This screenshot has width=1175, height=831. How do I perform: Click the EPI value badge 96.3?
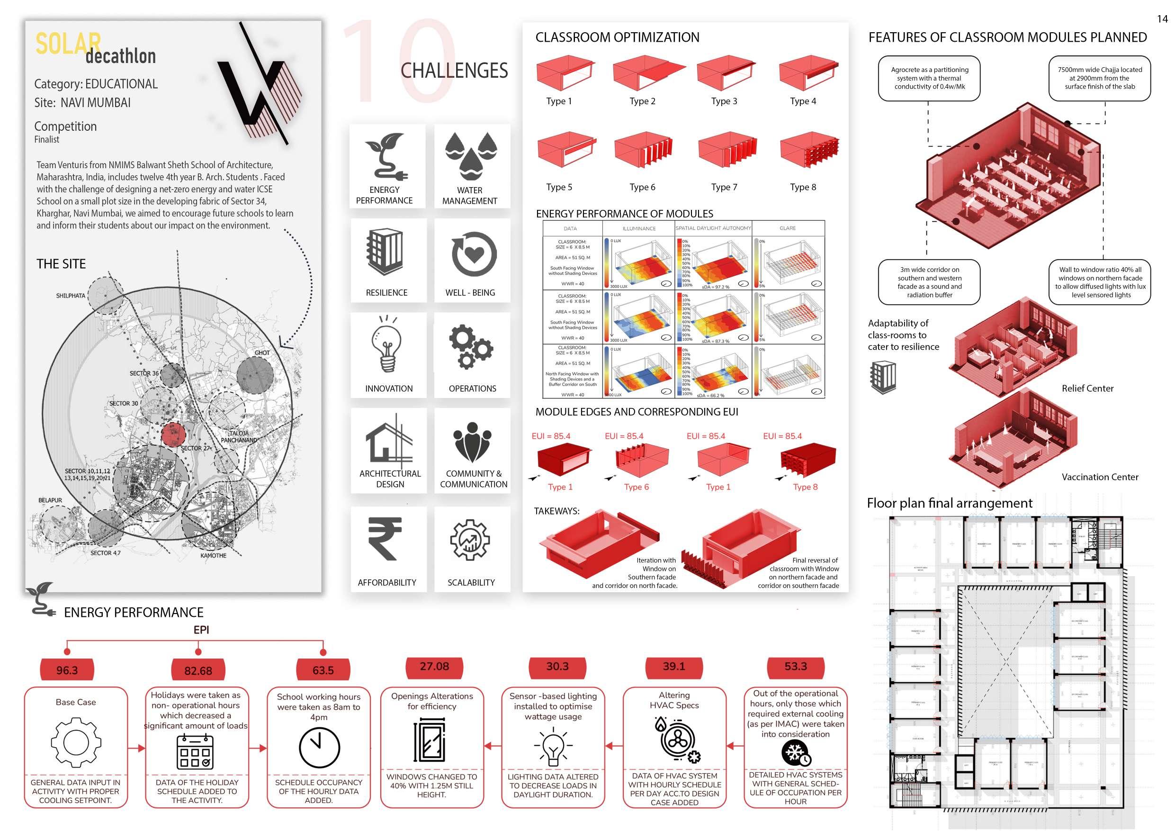pos(67,670)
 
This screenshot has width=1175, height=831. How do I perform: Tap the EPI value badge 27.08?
pos(434,667)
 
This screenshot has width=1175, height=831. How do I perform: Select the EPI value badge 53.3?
pos(795,667)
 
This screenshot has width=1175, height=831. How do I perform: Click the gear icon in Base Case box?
pos(76,742)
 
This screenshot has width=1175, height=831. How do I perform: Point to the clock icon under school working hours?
pos(319,747)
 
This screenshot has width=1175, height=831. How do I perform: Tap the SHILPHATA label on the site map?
pos(71,296)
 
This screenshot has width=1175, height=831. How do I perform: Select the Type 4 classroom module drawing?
pos(808,74)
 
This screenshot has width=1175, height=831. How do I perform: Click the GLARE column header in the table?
pos(788,228)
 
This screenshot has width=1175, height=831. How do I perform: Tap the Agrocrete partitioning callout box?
pos(929,78)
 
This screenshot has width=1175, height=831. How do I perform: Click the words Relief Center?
pos(1087,388)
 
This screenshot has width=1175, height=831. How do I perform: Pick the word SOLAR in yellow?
pos(68,44)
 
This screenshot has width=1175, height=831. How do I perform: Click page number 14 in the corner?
pos(1162,19)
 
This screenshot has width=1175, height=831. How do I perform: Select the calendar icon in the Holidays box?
pos(195,751)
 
